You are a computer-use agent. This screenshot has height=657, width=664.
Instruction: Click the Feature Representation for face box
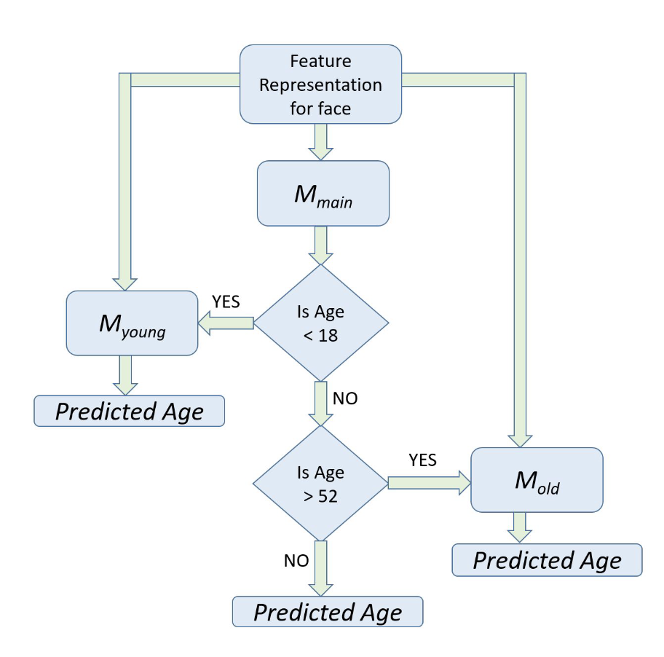320,84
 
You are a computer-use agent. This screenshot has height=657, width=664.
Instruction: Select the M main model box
323,193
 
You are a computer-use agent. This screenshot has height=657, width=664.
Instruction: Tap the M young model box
132,323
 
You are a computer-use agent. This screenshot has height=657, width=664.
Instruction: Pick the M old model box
537,480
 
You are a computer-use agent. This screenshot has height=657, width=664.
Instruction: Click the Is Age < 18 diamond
320,323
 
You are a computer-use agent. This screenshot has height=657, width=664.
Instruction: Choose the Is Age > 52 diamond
320,484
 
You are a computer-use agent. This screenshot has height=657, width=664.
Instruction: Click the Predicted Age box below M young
129,411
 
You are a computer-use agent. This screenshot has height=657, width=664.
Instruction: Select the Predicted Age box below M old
547,560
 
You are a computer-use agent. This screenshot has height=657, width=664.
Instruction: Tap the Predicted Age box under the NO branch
328,612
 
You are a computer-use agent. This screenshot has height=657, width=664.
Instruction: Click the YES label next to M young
226,302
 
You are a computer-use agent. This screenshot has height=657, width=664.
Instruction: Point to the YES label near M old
422,460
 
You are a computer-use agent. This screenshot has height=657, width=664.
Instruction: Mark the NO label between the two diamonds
345,398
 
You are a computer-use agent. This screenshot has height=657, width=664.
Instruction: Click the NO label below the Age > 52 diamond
296,560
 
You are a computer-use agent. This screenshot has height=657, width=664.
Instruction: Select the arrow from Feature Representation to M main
320,142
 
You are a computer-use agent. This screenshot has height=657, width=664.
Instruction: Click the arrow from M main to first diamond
320,245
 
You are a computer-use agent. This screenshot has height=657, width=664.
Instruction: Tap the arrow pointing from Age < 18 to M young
226,323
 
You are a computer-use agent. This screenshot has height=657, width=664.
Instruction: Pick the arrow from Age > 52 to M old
430,483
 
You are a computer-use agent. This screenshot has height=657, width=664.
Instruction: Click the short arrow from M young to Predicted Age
125,375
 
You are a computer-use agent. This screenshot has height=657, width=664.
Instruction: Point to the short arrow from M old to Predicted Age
520,527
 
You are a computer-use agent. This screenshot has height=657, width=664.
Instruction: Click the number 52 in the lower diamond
328,496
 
